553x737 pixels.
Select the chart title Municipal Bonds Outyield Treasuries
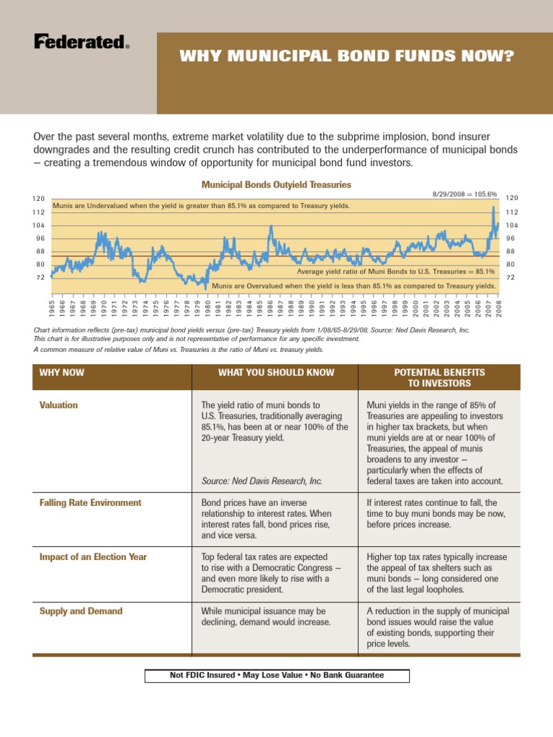coord(276,185)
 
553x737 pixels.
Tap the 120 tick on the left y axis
coord(39,199)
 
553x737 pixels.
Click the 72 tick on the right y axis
coord(512,277)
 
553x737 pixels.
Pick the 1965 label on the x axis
coord(53,308)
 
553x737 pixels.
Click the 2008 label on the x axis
coord(498,308)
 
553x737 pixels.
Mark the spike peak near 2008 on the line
coord(493,208)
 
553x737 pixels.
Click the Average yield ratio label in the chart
coord(396,272)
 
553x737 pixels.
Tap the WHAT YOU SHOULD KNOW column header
coord(276,372)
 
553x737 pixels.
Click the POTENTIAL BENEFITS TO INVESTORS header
coord(439,377)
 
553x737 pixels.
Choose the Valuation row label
coord(58,405)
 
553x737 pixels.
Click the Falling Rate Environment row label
coord(90,502)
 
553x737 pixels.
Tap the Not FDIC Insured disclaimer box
coord(276,675)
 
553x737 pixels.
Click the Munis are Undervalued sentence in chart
coord(202,206)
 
